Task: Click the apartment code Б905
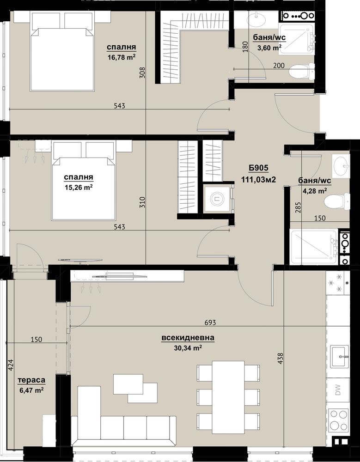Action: coord(258,168)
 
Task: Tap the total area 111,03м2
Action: coord(259,179)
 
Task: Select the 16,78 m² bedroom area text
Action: coord(122,57)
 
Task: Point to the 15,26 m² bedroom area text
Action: coord(79,187)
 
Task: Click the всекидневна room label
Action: coord(188,338)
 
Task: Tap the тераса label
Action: coord(31,380)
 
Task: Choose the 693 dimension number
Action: coord(210,322)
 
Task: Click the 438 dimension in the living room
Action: coord(280,359)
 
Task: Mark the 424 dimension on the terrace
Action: coord(11,365)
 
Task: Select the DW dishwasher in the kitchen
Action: coord(338,390)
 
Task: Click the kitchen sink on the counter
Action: coord(339,357)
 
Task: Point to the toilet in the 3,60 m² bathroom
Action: coord(302,71)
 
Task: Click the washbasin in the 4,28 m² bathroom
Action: coord(341,166)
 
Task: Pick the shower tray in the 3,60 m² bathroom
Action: coord(296,39)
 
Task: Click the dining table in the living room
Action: coord(228,397)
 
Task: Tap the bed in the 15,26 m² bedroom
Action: coord(84,181)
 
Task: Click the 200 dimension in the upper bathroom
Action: coord(279,66)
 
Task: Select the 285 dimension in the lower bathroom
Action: coord(298,207)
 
